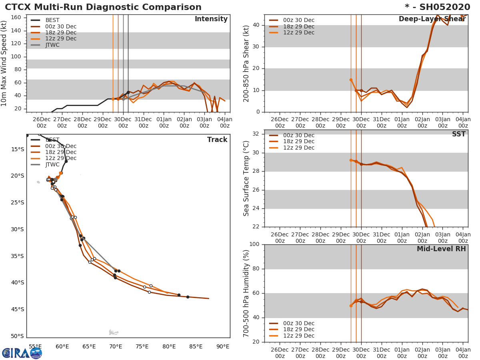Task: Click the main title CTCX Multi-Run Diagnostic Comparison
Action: (x=103, y=7)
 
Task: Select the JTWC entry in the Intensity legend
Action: (x=52, y=45)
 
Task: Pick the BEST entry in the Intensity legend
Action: (x=53, y=20)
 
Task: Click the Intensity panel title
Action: (x=211, y=19)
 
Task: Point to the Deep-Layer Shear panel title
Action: (x=432, y=19)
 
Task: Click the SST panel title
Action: (x=459, y=134)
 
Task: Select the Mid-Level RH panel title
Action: (x=441, y=249)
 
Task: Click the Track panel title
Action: (x=217, y=140)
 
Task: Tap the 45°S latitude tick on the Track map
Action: (x=17, y=309)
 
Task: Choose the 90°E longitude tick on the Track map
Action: (x=222, y=346)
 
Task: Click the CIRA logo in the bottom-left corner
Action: (x=22, y=353)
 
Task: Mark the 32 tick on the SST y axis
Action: (x=256, y=134)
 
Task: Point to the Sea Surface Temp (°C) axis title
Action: (x=246, y=178)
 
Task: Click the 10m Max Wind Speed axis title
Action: (x=4, y=64)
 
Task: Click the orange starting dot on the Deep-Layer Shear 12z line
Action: (x=351, y=80)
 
